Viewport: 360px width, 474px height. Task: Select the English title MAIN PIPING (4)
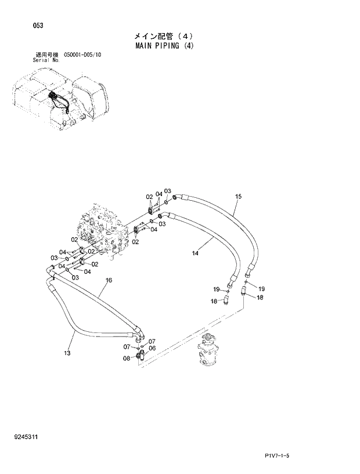click(x=164, y=46)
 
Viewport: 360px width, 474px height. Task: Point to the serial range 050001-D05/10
click(x=78, y=55)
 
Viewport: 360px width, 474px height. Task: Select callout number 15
click(x=238, y=197)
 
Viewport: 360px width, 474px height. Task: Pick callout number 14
click(x=195, y=253)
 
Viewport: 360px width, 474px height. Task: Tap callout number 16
click(x=109, y=280)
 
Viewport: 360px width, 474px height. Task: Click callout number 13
click(x=67, y=353)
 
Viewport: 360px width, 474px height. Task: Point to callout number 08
click(x=126, y=359)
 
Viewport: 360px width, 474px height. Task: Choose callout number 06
click(x=152, y=348)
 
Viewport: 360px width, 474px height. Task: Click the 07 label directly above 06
click(x=152, y=341)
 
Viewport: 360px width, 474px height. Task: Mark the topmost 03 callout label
click(x=167, y=191)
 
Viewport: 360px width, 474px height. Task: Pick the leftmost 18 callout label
click(x=214, y=301)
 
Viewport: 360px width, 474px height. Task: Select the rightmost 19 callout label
click(x=261, y=288)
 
